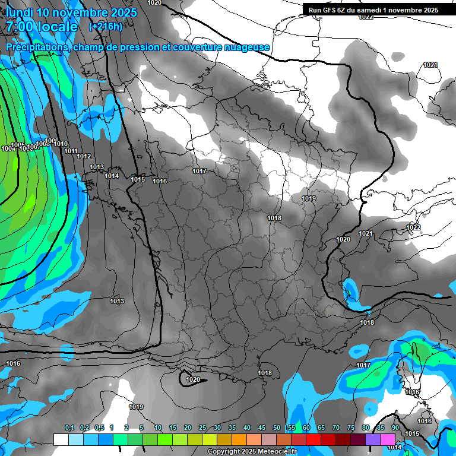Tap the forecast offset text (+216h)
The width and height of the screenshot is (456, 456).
pyautogui.click(x=105, y=26)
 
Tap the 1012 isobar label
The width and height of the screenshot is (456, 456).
pyautogui.click(x=84, y=156)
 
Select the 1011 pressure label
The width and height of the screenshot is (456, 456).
pyautogui.click(x=71, y=151)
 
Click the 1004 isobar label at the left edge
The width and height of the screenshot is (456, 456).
pyautogui.click(x=8, y=148)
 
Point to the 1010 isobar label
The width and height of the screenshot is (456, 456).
pyautogui.click(x=61, y=144)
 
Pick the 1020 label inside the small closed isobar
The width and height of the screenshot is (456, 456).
pyautogui.click(x=193, y=379)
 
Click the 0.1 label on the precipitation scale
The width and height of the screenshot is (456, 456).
pyautogui.click(x=69, y=427)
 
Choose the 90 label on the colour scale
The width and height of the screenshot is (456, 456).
pyautogui.click(x=395, y=427)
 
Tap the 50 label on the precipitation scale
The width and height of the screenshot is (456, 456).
pyautogui.click(x=276, y=427)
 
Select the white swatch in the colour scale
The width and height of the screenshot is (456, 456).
pyautogui.click(x=61, y=439)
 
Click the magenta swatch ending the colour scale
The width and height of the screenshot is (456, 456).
pyautogui.click(x=388, y=439)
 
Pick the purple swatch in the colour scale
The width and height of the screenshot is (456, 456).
pyautogui.click(x=373, y=439)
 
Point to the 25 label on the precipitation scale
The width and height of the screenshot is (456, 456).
pyautogui.click(x=202, y=427)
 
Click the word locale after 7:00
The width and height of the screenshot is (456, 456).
pyautogui.click(x=56, y=27)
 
